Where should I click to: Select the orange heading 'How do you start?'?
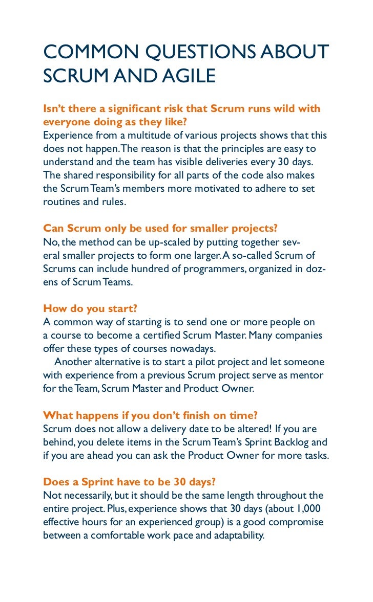[90, 308]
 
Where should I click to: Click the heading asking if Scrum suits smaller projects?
[160, 228]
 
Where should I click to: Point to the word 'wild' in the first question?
[280, 108]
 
